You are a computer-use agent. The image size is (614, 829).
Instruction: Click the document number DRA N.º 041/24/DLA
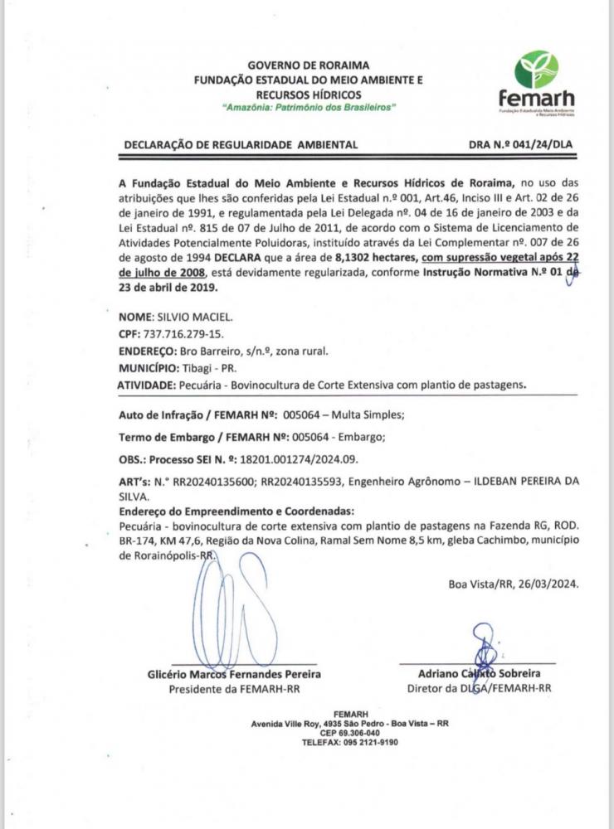point(520,144)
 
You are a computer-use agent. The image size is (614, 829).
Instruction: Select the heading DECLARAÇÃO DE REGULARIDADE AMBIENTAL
point(241,144)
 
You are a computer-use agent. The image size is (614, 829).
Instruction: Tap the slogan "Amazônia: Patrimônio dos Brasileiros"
point(309,109)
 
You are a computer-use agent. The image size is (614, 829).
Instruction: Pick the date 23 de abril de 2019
point(168,288)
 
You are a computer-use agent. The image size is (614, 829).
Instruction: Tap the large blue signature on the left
point(236,609)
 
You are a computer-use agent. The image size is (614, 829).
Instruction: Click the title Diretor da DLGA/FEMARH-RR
point(479,689)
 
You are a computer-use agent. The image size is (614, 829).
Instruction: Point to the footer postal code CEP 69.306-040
point(350,733)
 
